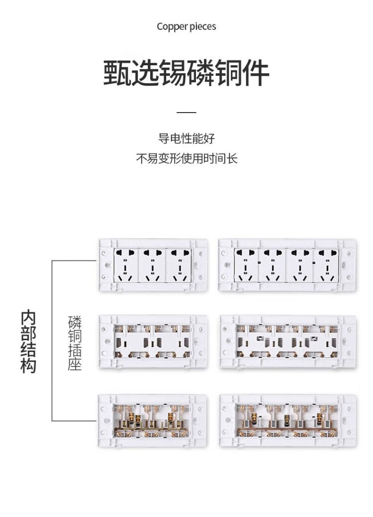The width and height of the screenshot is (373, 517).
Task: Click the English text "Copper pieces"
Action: tap(186, 26)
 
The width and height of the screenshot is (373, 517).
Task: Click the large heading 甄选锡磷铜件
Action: tap(186, 73)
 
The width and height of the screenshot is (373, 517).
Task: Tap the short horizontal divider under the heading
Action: tap(186, 113)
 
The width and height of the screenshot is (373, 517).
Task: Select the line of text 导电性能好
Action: tap(186, 138)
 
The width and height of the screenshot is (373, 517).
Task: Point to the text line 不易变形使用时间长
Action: tap(186, 159)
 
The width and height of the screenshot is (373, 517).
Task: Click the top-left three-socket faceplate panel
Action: tap(153, 265)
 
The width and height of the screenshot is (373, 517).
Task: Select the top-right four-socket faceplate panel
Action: tap(287, 265)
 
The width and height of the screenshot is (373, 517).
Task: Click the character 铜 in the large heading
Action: tap(228, 73)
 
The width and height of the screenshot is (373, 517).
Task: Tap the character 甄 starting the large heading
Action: tap(117, 73)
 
